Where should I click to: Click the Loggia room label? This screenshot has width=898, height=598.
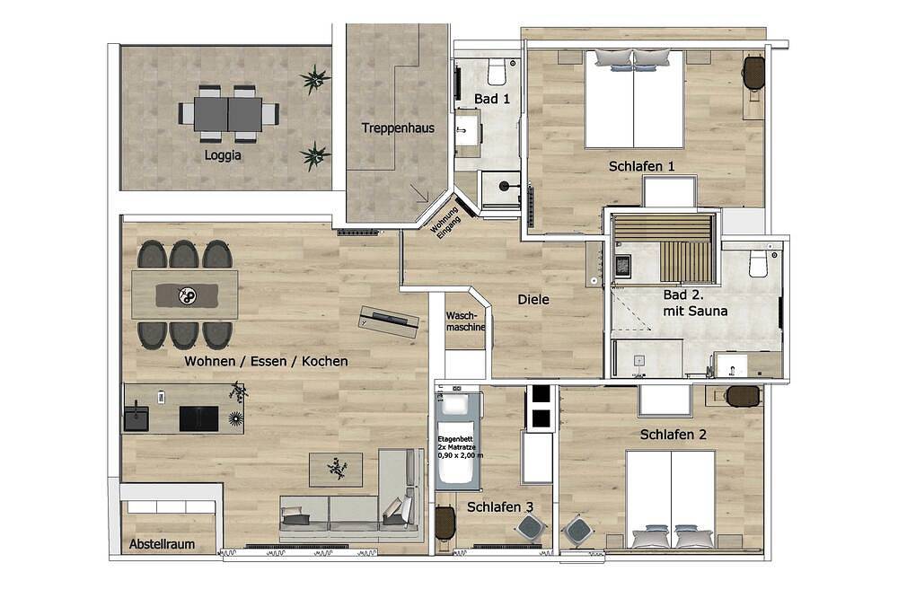pos(223,155)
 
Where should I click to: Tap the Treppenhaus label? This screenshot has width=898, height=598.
pos(398,128)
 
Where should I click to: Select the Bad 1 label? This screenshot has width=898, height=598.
pos(492,99)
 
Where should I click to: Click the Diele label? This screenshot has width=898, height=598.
pos(533,299)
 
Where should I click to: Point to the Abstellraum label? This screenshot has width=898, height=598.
pos(162,543)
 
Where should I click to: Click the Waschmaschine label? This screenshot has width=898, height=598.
pos(465,321)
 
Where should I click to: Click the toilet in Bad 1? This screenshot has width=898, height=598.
pos(496,70)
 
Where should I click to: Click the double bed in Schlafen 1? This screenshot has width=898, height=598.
pos(633,99)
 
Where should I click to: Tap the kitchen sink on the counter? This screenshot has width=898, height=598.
pos(136,418)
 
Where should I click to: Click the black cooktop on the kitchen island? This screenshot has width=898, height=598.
pos(198,418)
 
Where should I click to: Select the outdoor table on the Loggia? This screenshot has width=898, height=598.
pos(228,113)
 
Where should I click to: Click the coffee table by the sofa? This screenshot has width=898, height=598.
pos(336,469)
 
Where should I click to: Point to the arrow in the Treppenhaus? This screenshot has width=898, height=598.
pos(419,193)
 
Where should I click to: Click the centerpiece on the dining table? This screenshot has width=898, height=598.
pos(188,296)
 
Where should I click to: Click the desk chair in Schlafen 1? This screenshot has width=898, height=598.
pos(753,72)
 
